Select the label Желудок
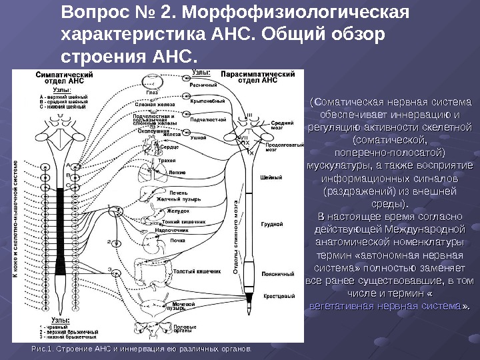click(165, 211)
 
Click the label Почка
click(177, 240)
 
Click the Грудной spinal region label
click(270, 225)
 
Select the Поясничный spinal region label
click(274, 274)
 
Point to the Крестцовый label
click(275, 296)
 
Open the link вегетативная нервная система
click(386, 305)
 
